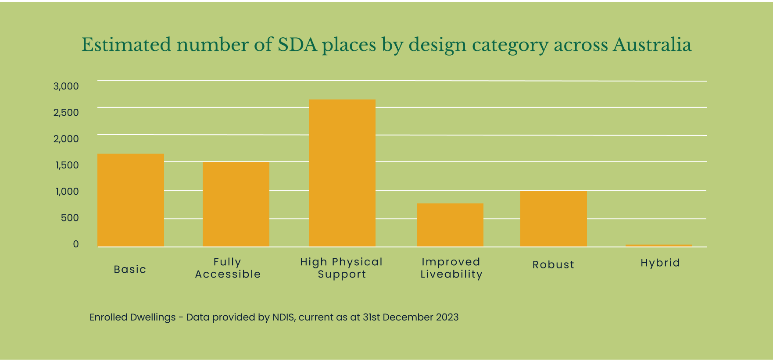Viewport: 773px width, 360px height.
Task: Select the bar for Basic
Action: coord(131,200)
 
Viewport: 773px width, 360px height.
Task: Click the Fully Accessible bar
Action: coord(236,204)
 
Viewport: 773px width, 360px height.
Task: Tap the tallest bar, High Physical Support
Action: coord(342,173)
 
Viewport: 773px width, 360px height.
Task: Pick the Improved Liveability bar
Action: coord(450,225)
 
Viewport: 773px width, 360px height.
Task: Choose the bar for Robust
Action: coord(554,218)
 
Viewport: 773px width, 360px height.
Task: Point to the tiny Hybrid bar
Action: coord(659,246)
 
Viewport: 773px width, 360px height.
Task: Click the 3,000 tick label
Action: coord(66,86)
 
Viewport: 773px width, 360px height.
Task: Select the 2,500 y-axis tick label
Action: coord(66,113)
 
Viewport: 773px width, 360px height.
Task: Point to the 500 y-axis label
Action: coord(70,218)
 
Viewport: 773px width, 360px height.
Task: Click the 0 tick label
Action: coord(76,244)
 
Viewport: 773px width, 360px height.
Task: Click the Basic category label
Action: coord(130,269)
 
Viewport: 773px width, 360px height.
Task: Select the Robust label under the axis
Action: coord(553,265)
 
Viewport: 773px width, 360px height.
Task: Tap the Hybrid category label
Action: coord(660,263)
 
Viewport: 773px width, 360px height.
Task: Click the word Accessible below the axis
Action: coord(228,274)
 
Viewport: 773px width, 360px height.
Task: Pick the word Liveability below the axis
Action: coord(451,274)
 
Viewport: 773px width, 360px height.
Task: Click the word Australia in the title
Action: coord(652,45)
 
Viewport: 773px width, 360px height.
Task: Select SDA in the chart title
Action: coord(297,45)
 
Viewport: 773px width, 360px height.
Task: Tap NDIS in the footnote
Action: coord(283,317)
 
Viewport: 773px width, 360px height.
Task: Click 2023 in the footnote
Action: coord(447,317)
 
